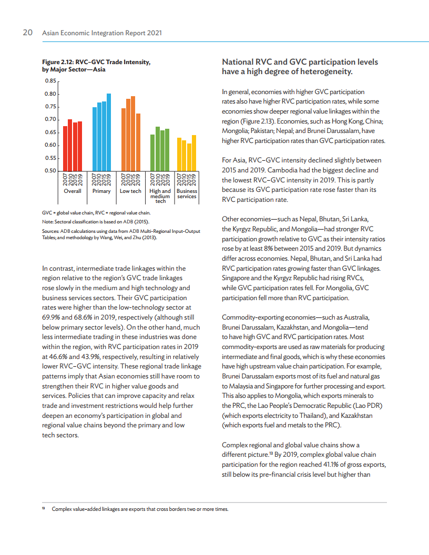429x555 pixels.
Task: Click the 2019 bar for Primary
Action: click(109, 132)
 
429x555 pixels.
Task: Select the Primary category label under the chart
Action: click(101, 191)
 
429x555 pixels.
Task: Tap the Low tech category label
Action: click(130, 191)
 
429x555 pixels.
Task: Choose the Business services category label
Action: click(187, 193)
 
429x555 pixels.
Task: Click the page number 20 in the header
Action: click(28, 33)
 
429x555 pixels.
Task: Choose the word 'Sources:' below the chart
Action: click(50, 231)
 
